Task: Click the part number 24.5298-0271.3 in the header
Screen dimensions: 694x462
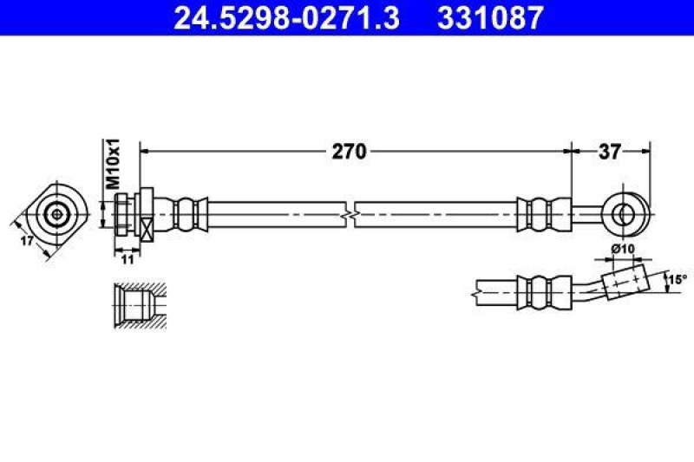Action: coord(287,17)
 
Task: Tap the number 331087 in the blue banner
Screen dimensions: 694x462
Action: coord(490,17)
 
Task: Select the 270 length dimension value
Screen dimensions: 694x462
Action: coord(350,152)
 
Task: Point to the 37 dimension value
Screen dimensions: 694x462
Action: coord(610,152)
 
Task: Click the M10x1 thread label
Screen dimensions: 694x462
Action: coord(113,164)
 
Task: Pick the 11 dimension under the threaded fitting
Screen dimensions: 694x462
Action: coord(128,259)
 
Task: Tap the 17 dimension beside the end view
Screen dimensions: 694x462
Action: coord(27,241)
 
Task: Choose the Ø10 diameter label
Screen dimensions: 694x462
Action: coord(623,250)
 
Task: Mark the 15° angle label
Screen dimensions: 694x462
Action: coord(678,279)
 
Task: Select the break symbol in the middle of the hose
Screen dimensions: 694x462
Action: coord(350,214)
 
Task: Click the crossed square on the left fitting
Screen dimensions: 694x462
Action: coord(147,229)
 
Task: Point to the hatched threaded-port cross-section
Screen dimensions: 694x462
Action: coord(141,305)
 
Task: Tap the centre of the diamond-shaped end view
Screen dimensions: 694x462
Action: coord(56,215)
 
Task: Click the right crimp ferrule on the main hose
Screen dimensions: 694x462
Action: coord(545,214)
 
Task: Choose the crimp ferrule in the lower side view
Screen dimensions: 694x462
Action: coord(545,293)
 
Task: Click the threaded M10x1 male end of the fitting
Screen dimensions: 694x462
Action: coord(123,214)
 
